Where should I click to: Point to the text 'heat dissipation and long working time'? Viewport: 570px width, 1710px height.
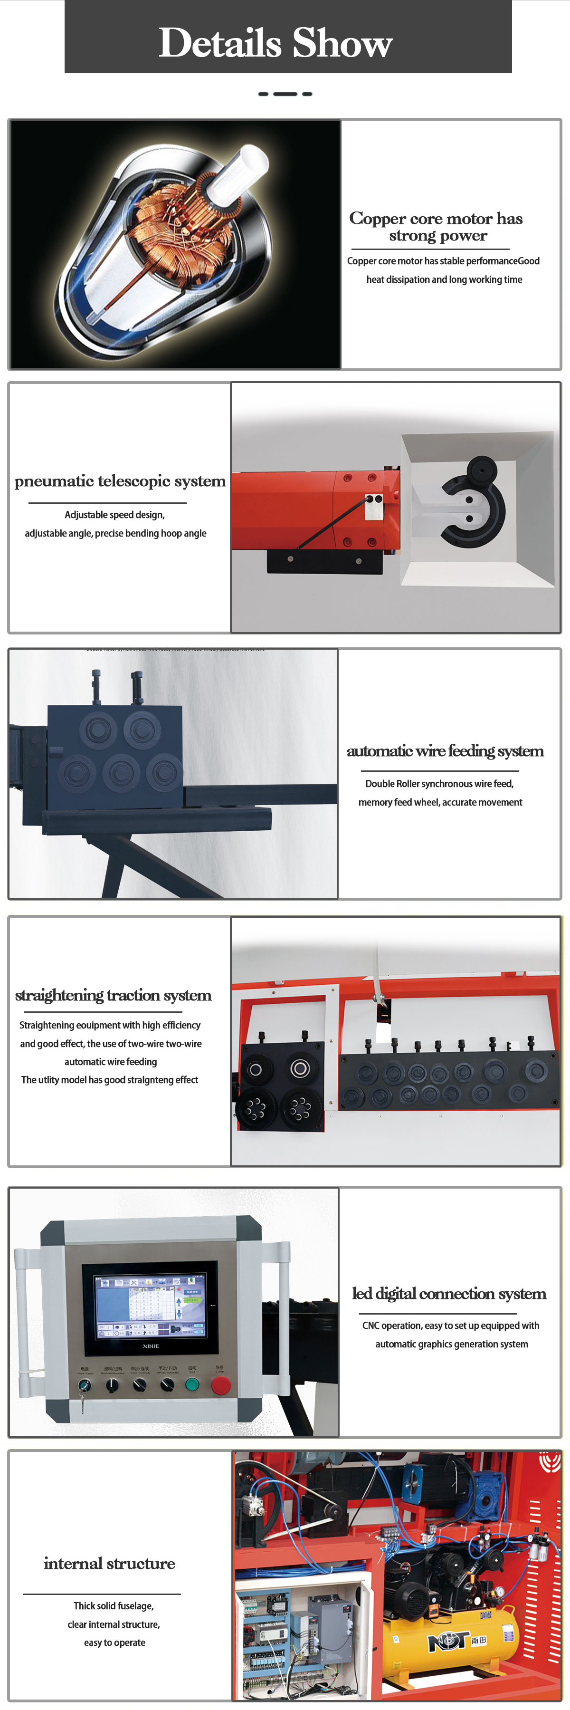click(444, 279)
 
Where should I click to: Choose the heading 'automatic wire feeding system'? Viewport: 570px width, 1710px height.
click(445, 751)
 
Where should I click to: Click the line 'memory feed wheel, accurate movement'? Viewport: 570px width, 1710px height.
click(440, 802)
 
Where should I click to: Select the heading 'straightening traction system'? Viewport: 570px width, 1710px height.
click(113, 995)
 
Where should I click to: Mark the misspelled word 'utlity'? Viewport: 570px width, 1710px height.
click(48, 1080)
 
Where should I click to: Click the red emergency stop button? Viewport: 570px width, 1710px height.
click(220, 1385)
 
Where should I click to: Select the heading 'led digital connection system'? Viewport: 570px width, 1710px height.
click(448, 1294)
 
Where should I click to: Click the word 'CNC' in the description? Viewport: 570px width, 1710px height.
click(370, 1326)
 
